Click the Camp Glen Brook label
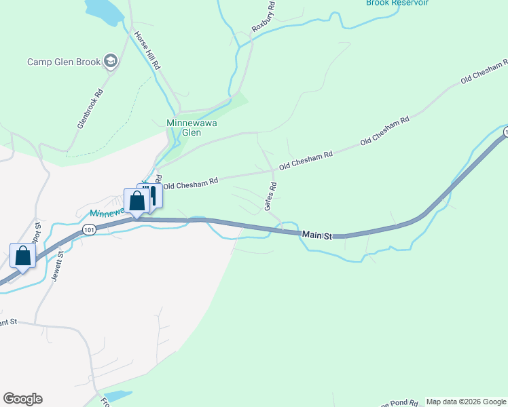(x=64, y=62)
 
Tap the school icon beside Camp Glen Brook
(x=111, y=62)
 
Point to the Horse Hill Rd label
(x=146, y=52)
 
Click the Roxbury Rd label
(x=264, y=18)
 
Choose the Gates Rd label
(x=273, y=195)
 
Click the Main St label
(x=317, y=235)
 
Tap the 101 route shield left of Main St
(x=88, y=231)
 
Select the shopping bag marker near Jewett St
(x=23, y=256)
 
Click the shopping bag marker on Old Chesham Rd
(x=137, y=201)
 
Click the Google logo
(x=22, y=399)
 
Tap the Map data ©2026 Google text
(x=466, y=402)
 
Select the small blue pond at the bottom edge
(x=118, y=395)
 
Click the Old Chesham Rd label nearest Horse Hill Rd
(x=191, y=182)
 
